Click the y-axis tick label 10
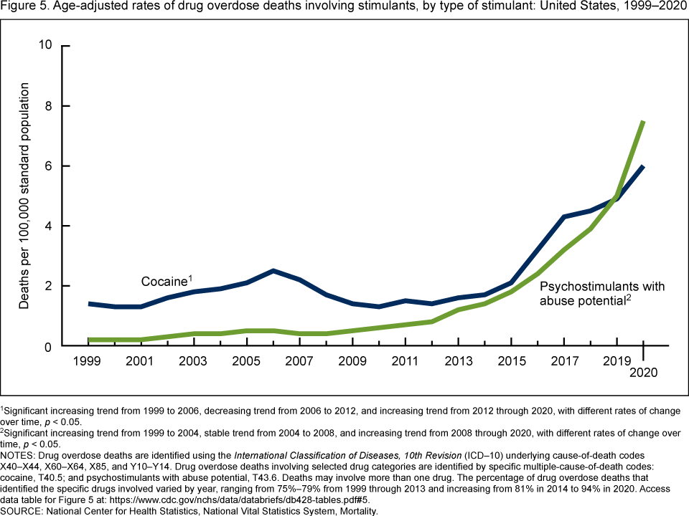click(x=46, y=46)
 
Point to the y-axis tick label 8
click(x=49, y=106)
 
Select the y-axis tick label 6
click(x=49, y=166)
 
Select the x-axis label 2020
click(x=643, y=373)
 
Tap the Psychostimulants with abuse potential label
click(x=601, y=293)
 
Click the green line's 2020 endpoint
click(x=643, y=123)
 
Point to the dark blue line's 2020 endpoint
click(x=643, y=167)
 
